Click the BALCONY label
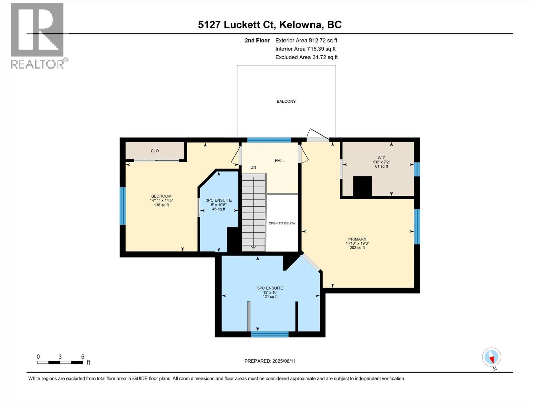coord(286,101)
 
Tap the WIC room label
coord(381,158)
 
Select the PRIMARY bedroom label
coord(357,239)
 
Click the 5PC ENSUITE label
coord(270,288)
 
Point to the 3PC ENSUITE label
coord(219,200)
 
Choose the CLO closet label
coord(155,151)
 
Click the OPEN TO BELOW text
coord(282,223)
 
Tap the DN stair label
coord(253,167)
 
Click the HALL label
coord(280,161)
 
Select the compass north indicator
coord(491,357)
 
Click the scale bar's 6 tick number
coord(83,357)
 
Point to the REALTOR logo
coord(37,35)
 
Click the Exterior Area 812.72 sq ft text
coord(306,40)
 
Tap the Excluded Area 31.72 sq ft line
coord(306,57)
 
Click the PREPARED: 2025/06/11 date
coord(270,361)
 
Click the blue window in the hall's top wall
coord(269,140)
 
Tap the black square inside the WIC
coord(362,186)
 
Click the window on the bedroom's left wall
coord(123,206)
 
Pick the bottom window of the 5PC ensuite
coord(270,334)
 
